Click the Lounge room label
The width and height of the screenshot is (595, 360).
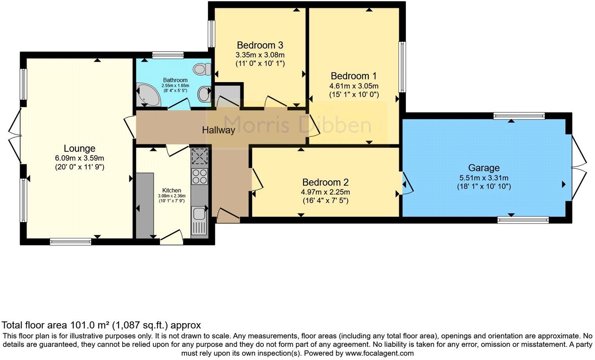click(x=79, y=149)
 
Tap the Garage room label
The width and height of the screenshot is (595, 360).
click(x=484, y=168)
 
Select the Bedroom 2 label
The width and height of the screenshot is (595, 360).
click(x=325, y=182)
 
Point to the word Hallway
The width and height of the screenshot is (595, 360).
click(x=218, y=130)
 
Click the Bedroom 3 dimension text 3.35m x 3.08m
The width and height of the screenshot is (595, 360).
click(x=260, y=55)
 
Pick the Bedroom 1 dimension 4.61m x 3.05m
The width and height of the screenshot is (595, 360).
click(x=354, y=86)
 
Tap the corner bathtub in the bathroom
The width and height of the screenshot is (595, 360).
click(x=148, y=95)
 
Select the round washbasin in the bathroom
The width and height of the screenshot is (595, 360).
click(x=204, y=94)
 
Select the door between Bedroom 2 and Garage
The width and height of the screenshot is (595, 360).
click(x=406, y=183)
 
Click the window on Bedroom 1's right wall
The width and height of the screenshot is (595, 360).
click(x=402, y=67)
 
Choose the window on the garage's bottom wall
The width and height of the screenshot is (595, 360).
click(x=523, y=220)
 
